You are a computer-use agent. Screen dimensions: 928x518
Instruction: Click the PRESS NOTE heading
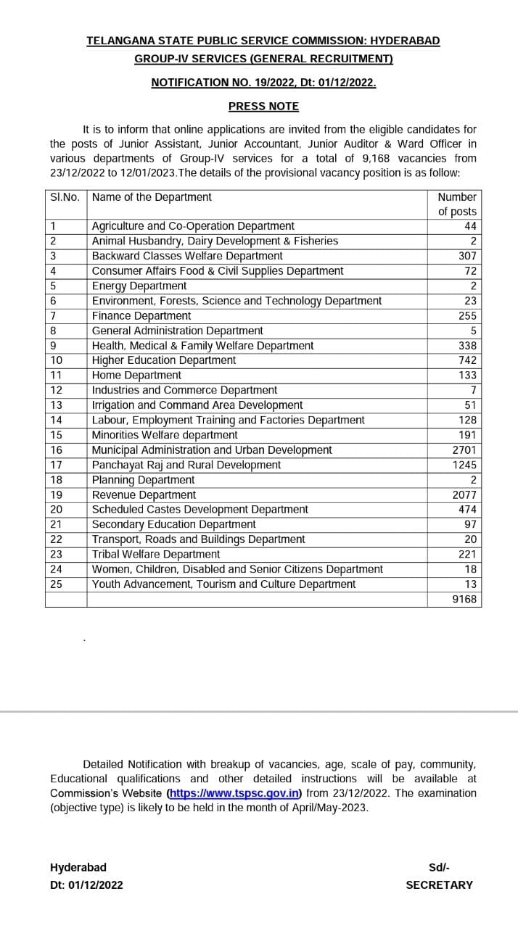[263, 106]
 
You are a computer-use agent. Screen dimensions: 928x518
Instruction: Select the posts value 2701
[464, 449]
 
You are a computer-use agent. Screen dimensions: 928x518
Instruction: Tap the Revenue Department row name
[144, 494]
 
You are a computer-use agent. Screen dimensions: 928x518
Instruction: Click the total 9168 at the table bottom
[464, 599]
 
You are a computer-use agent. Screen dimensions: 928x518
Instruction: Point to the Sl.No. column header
[65, 196]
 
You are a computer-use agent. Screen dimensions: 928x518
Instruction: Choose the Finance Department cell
[141, 315]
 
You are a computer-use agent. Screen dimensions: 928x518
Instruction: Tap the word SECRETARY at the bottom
[439, 884]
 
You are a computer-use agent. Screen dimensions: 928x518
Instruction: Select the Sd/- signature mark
[439, 867]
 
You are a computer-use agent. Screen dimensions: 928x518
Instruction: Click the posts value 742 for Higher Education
[466, 360]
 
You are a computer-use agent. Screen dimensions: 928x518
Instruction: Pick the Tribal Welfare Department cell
[156, 554]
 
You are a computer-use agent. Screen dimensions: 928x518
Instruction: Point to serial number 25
[57, 584]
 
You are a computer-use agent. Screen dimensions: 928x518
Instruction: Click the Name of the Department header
[152, 196]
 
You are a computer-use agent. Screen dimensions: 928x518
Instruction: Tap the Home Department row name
[136, 375]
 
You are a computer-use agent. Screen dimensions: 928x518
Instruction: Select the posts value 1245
[464, 465]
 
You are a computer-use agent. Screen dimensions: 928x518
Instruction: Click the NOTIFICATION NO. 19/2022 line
[263, 83]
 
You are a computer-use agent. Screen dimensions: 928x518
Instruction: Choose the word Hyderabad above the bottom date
[78, 867]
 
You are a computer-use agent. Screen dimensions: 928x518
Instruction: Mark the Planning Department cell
[143, 479]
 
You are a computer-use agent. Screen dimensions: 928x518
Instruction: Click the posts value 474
[466, 509]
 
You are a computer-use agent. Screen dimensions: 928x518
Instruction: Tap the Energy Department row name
[139, 286]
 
